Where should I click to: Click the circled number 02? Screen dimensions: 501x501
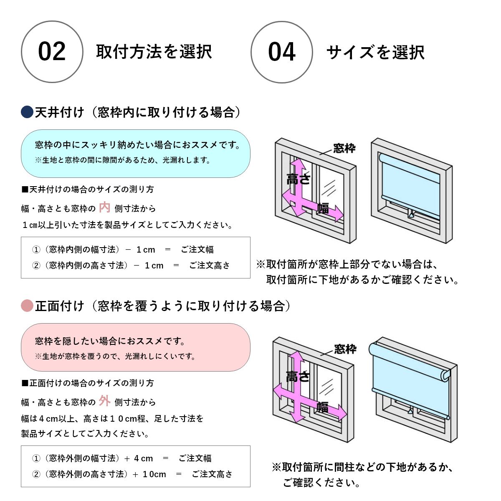tap(52, 52)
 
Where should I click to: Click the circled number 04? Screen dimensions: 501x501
tap(282, 52)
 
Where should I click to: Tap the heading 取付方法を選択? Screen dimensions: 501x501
tap(154, 52)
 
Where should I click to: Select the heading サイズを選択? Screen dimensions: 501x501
tap(375, 53)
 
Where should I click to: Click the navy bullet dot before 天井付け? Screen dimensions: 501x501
tap(27, 112)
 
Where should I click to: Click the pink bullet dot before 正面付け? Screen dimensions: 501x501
tap(27, 306)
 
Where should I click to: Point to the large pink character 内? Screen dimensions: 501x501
tap(105, 207)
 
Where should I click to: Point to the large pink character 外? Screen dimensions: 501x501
tap(105, 401)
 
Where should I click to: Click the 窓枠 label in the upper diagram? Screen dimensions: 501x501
tap(344, 148)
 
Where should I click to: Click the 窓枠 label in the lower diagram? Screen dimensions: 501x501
tap(345, 349)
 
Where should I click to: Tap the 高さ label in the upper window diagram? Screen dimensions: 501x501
tap(298, 179)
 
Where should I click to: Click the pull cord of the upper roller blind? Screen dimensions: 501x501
tap(411, 215)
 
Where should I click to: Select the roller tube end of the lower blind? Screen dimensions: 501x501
tap(446, 374)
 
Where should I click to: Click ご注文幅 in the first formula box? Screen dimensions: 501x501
tap(197, 250)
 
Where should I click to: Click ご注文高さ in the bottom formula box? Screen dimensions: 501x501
tap(212, 474)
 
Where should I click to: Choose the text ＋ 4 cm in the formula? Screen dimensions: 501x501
tap(139, 458)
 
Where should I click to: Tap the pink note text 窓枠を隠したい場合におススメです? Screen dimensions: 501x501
tap(110, 341)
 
